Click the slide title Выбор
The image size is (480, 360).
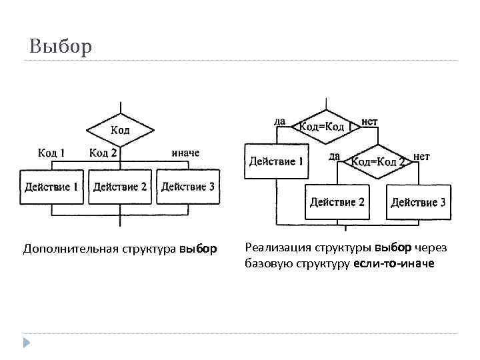(x=61, y=47)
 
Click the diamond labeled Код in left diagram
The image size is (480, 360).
(x=120, y=130)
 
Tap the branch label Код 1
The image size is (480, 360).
(x=51, y=153)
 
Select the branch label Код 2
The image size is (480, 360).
(x=103, y=153)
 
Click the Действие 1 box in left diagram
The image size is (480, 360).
(x=52, y=187)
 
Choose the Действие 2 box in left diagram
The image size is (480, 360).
(x=120, y=187)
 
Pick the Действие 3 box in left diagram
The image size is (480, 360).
(x=188, y=187)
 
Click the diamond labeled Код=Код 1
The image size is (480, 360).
(x=325, y=127)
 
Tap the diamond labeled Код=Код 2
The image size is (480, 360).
(x=378, y=161)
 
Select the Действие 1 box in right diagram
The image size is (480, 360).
(x=277, y=161)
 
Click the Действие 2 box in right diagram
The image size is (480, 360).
(x=337, y=202)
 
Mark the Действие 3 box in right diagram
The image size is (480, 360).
(x=419, y=202)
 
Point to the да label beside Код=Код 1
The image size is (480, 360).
(x=280, y=121)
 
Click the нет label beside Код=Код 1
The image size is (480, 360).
(x=369, y=121)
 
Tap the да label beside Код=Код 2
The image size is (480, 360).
(x=335, y=156)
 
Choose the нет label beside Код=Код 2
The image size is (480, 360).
(x=421, y=156)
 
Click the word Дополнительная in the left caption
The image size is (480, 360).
(x=71, y=249)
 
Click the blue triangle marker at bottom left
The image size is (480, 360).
(x=26, y=343)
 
